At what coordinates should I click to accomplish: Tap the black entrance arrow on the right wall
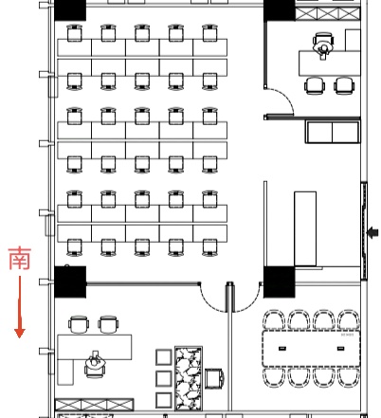(x=372, y=230)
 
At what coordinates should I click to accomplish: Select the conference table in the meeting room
(x=312, y=348)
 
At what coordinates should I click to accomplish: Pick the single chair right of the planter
(x=215, y=377)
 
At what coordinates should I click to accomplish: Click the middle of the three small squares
(x=162, y=377)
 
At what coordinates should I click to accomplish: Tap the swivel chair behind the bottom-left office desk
(x=94, y=360)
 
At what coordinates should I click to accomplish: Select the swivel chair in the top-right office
(x=324, y=44)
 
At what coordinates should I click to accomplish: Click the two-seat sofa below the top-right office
(x=333, y=132)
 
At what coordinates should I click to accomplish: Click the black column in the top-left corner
(x=70, y=10)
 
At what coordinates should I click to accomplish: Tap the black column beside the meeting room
(x=279, y=280)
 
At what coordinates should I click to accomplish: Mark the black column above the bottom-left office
(x=70, y=281)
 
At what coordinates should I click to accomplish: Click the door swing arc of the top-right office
(x=280, y=99)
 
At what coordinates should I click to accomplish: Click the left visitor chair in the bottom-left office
(x=79, y=324)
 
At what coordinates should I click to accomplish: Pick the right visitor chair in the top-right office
(x=343, y=85)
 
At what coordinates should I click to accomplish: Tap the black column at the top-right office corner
(x=279, y=12)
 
